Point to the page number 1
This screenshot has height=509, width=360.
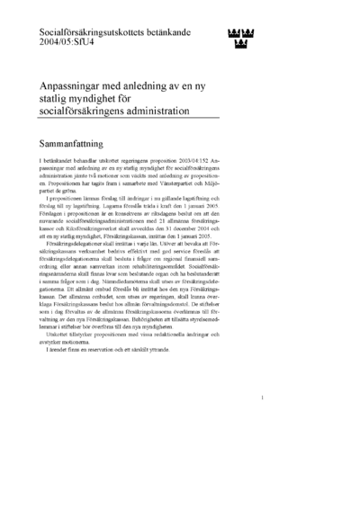click(x=260, y=423)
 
